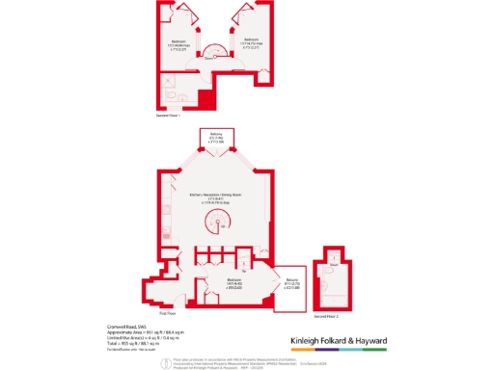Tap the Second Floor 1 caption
(x=169, y=116)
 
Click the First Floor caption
(x=166, y=313)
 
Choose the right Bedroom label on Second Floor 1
(x=250, y=40)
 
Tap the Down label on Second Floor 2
(x=332, y=263)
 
